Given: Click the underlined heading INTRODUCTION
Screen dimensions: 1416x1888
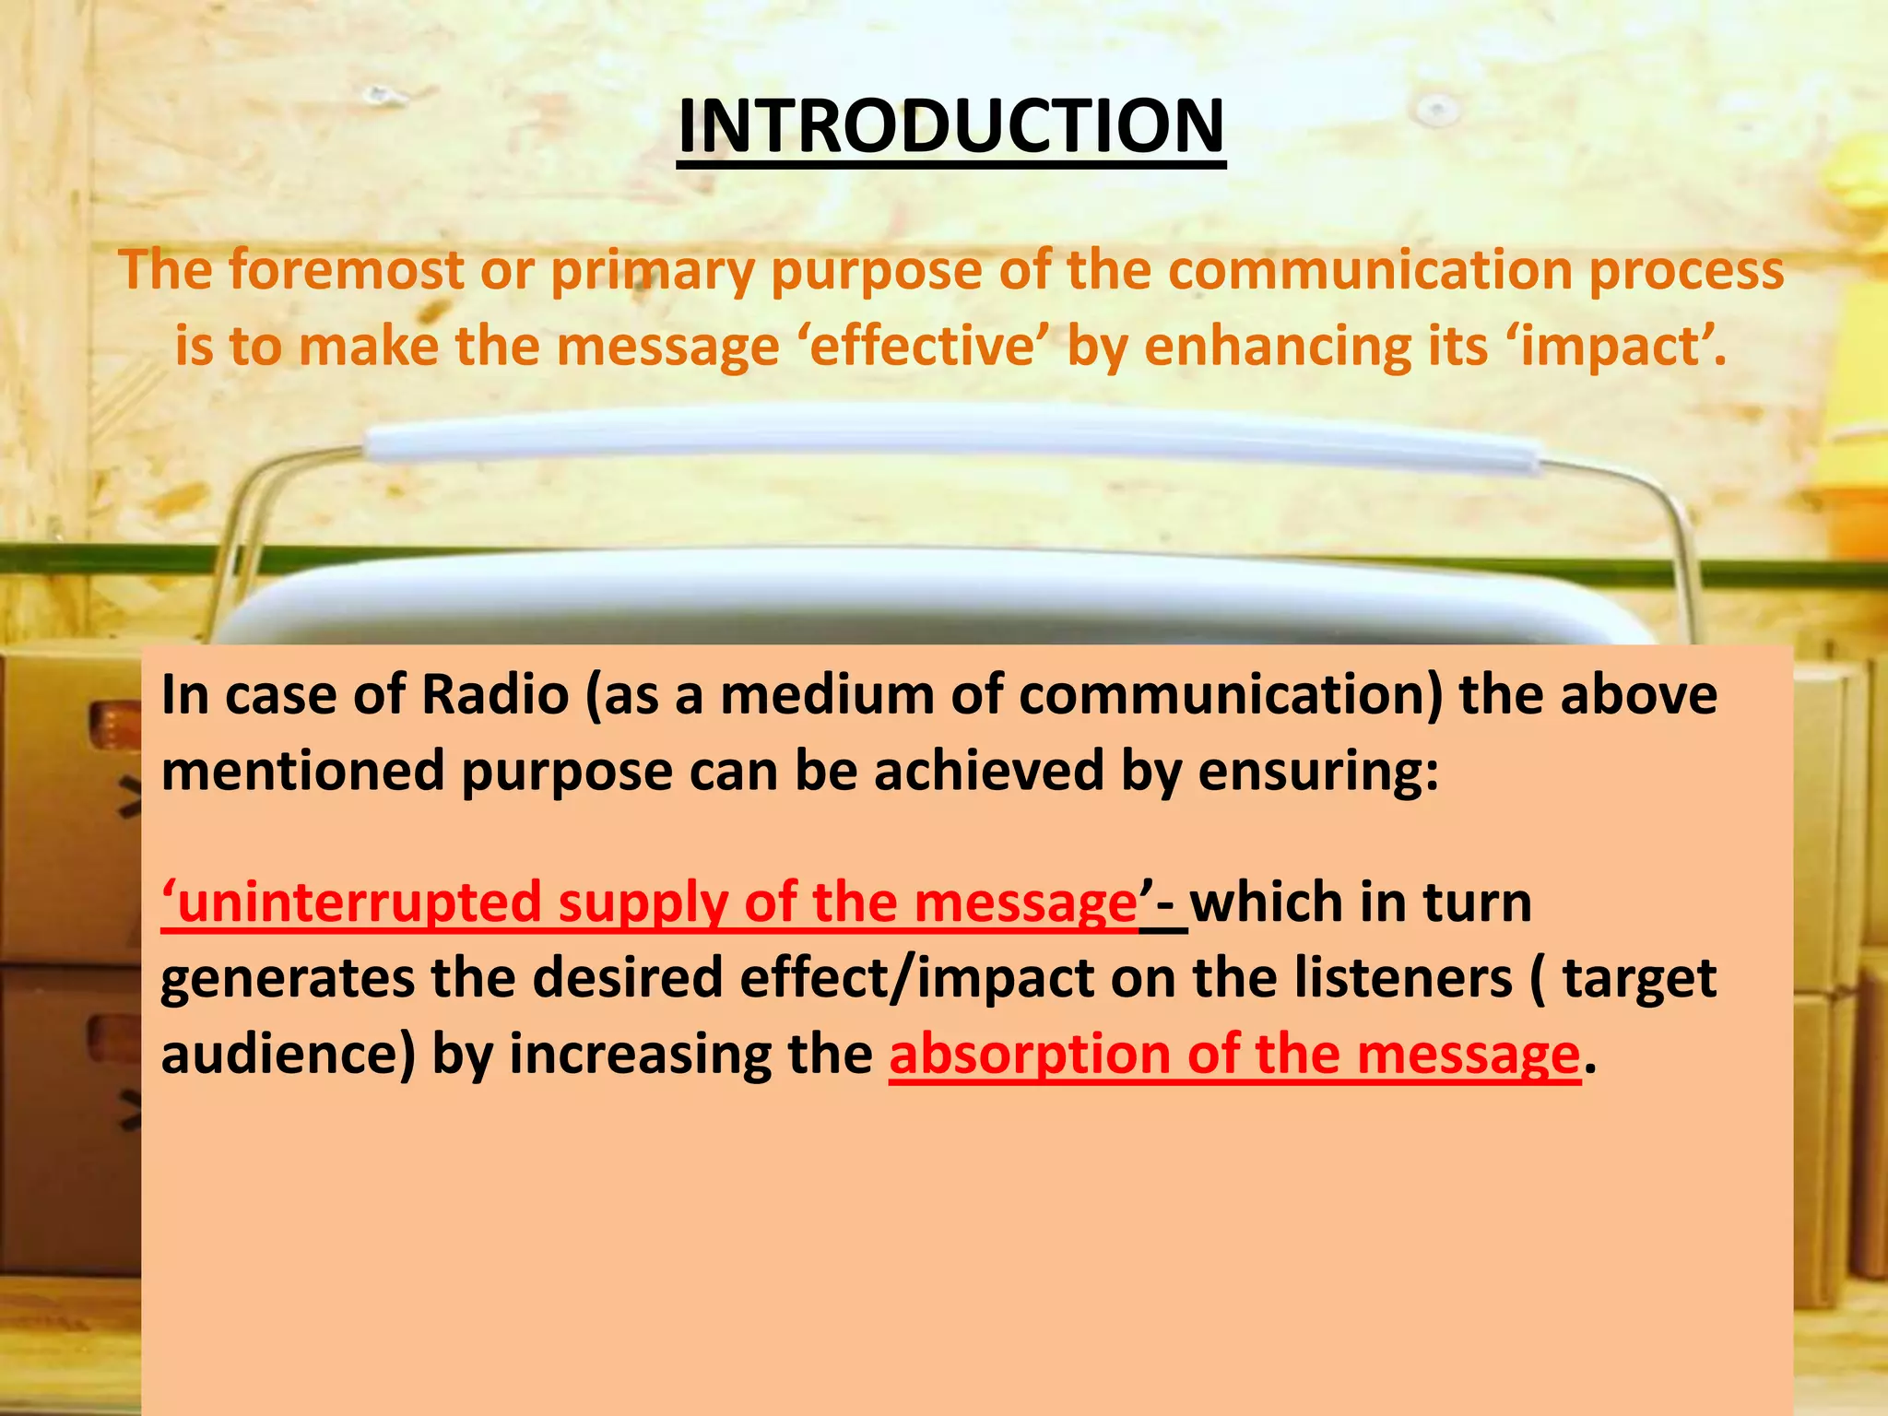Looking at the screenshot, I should tap(950, 127).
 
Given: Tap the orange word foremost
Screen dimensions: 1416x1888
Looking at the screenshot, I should tap(347, 271).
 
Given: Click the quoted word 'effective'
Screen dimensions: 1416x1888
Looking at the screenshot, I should tap(922, 347).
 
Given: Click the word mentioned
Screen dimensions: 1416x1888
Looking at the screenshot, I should tap(303, 771).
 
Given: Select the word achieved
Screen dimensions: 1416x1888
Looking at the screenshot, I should tap(988, 771).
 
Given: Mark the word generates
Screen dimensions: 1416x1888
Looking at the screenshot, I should tap(287, 979).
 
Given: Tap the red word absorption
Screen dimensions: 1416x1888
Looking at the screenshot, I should tap(1029, 1056).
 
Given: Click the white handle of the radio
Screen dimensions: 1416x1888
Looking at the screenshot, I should tap(950, 442).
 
